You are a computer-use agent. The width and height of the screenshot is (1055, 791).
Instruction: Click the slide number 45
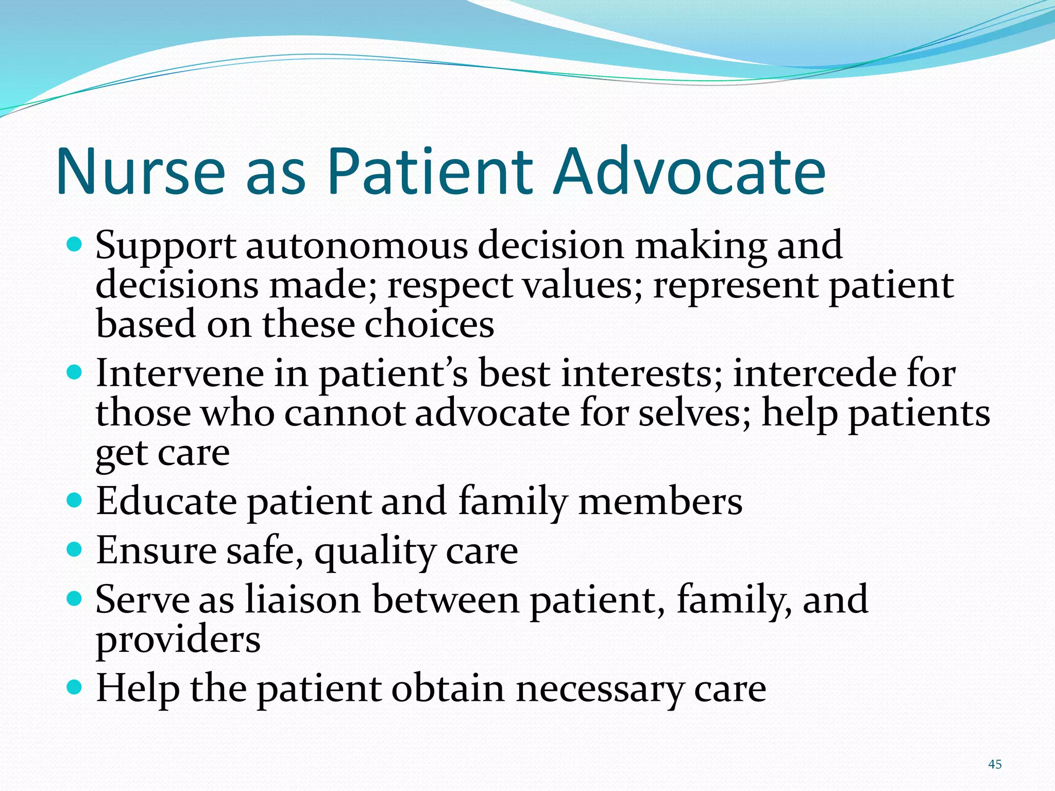click(x=995, y=764)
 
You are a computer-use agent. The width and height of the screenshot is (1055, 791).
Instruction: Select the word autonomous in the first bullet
click(x=356, y=246)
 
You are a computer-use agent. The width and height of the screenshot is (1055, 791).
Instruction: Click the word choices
click(x=429, y=325)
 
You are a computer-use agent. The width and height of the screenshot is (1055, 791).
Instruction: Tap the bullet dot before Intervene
click(x=75, y=372)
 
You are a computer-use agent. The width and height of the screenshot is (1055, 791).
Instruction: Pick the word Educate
click(x=166, y=502)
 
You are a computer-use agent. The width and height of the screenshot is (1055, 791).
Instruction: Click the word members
click(x=660, y=502)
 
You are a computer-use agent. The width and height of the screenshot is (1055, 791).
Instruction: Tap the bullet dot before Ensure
click(x=75, y=549)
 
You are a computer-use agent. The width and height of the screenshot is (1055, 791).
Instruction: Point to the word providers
click(x=178, y=640)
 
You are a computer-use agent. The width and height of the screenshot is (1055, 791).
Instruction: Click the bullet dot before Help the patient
click(x=75, y=687)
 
